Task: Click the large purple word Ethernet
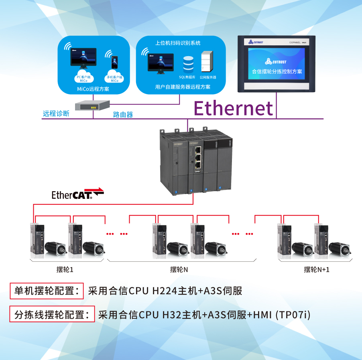(x=233, y=108)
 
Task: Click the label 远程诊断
(x=56, y=113)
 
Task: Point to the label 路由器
(x=123, y=115)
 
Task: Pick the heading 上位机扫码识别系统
(x=178, y=43)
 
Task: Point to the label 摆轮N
(x=179, y=269)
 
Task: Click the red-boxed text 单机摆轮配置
(x=47, y=291)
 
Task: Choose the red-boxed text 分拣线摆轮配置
(x=52, y=314)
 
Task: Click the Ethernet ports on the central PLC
(x=198, y=158)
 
